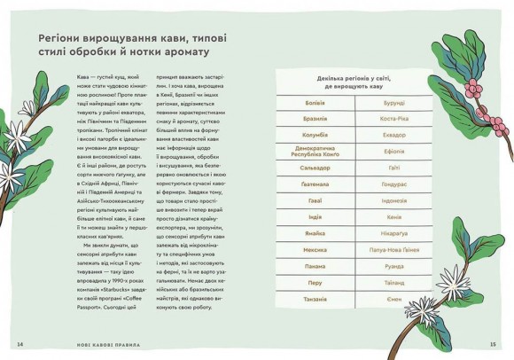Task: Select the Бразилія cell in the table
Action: [x=315, y=118]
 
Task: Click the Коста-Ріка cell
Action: [x=393, y=118]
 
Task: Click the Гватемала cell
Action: [x=315, y=184]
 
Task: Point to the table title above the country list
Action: [x=354, y=83]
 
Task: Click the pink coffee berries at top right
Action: [x=472, y=89]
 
